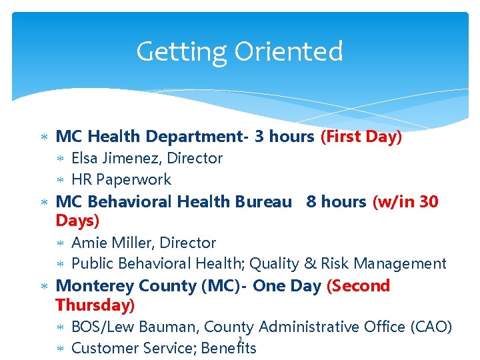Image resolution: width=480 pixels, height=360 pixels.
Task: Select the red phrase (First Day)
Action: tap(361, 137)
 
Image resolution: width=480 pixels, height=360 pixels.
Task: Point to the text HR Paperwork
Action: tap(121, 179)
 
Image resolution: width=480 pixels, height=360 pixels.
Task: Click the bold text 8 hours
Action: tap(336, 201)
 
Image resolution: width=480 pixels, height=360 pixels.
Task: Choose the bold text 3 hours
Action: tap(284, 137)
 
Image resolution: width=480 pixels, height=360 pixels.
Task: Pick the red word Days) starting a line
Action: tap(77, 220)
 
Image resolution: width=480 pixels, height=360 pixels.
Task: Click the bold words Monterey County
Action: tap(126, 286)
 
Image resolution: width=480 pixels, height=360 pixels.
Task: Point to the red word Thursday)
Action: tap(95, 305)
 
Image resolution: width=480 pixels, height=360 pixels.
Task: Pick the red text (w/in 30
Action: tap(405, 201)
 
